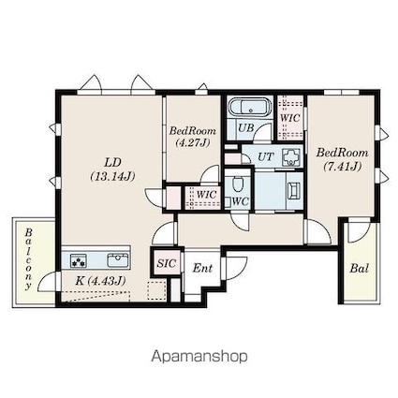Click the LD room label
pyautogui.click(x=112, y=162)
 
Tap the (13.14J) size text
pyautogui.click(x=112, y=177)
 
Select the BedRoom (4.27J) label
pyautogui.click(x=193, y=137)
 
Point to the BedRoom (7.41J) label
pyautogui.click(x=343, y=159)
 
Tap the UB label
pyautogui.click(x=246, y=127)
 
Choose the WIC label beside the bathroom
pyautogui.click(x=290, y=118)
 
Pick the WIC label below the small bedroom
pyautogui.click(x=207, y=194)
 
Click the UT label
pyautogui.click(x=266, y=156)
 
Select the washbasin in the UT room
pyautogui.click(x=291, y=157)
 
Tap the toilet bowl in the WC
pyautogui.click(x=239, y=184)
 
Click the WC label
pyautogui.click(x=241, y=201)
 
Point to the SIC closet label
pyautogui.click(x=167, y=263)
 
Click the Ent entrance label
pyautogui.click(x=202, y=268)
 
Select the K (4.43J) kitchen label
pyautogui.click(x=100, y=281)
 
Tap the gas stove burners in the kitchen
pyautogui.click(x=79, y=260)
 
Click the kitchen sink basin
pyautogui.click(x=119, y=260)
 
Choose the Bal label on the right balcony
pyautogui.click(x=360, y=268)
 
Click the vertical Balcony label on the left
pyautogui.click(x=29, y=259)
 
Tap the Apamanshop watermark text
pyautogui.click(x=199, y=356)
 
